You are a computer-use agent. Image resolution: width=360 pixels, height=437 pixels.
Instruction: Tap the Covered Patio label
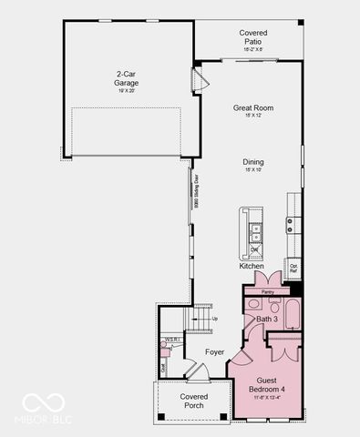(x=252, y=37)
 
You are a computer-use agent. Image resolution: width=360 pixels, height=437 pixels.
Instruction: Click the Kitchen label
(x=252, y=267)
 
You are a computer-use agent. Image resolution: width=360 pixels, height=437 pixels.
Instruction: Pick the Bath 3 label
(x=266, y=320)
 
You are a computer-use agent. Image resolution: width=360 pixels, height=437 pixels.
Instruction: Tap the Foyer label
(x=214, y=351)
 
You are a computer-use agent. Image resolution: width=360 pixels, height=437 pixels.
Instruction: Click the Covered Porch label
(x=193, y=401)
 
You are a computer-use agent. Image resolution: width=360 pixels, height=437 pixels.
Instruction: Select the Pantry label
(x=267, y=292)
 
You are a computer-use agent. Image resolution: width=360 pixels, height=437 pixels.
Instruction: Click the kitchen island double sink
(x=256, y=232)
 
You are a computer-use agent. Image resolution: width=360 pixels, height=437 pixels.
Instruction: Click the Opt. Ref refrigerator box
(x=293, y=269)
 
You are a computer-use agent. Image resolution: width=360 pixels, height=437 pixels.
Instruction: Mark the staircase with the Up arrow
(x=201, y=320)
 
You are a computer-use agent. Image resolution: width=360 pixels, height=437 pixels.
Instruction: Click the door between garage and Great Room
(x=203, y=83)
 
